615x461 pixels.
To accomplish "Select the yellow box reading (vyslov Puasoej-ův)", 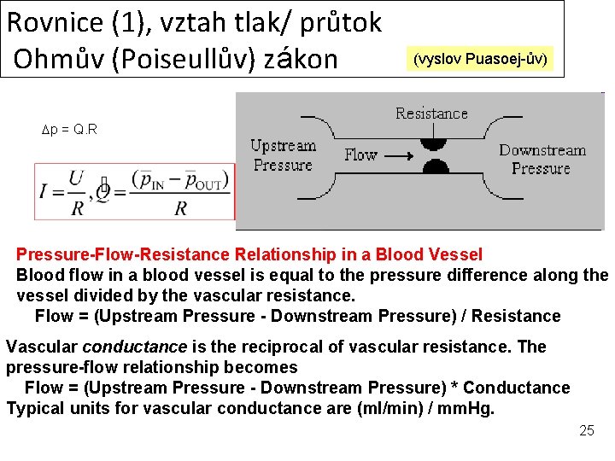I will [x=483, y=59].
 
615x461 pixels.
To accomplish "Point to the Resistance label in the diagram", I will [x=431, y=114].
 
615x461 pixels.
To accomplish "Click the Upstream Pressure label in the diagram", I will [x=283, y=155].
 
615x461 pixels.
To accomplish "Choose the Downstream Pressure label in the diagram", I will [x=542, y=159].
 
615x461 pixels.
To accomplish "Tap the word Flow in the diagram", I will [x=360, y=155].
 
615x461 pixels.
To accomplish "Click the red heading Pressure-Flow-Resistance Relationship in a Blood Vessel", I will [x=249, y=254].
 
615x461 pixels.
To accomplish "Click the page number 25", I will [x=586, y=430].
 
